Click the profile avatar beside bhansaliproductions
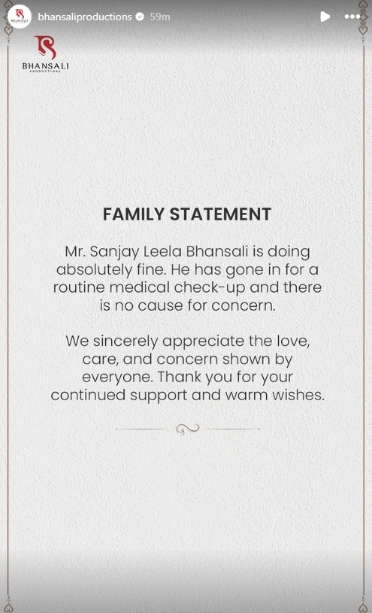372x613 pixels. tap(19, 16)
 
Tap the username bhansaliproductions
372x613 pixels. tap(85, 17)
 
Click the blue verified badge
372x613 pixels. tap(140, 17)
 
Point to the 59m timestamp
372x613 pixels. tap(159, 17)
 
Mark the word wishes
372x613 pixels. tap(299, 395)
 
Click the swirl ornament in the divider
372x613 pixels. tap(186, 429)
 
